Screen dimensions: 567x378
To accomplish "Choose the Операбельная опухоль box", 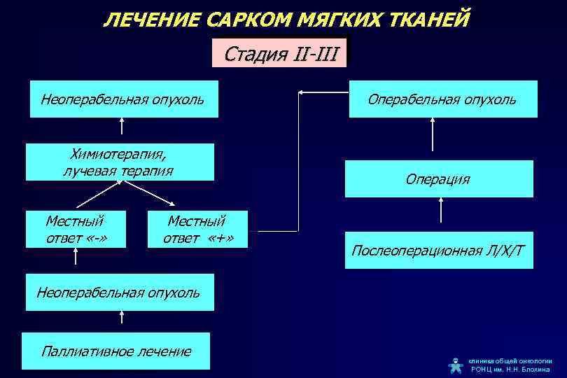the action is click(x=443, y=99).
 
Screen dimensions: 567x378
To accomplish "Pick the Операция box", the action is click(x=438, y=179).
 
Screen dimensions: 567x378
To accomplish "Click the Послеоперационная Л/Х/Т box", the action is click(x=438, y=250).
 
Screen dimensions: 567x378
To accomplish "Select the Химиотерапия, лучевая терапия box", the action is click(x=119, y=162).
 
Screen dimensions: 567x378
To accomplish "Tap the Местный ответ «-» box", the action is click(x=76, y=229).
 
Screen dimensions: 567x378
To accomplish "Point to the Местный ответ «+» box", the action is click(x=198, y=229).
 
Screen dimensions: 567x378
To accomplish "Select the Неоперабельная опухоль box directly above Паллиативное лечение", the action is click(x=118, y=291).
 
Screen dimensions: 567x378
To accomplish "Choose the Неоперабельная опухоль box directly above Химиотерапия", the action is click(x=122, y=99).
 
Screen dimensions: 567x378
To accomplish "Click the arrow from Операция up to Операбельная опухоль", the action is click(x=433, y=134).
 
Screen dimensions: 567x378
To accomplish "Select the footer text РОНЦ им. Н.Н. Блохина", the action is click(x=510, y=369).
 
